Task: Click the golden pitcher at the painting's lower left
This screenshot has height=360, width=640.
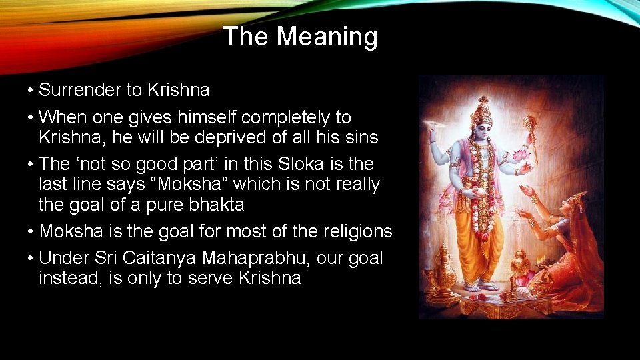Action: (440, 279)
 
